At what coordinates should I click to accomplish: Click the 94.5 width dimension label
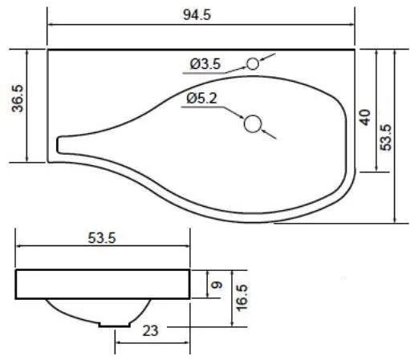(x=197, y=14)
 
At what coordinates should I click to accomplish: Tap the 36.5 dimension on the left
(x=18, y=98)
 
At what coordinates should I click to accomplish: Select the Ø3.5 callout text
(x=205, y=64)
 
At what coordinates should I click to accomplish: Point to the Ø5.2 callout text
(x=202, y=99)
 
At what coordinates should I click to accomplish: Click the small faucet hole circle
(x=253, y=64)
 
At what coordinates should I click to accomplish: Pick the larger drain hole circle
(x=253, y=123)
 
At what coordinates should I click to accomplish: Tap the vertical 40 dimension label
(x=365, y=117)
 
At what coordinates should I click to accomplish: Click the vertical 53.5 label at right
(x=385, y=138)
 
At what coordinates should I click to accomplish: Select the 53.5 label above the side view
(x=102, y=238)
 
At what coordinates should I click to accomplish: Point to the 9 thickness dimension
(x=217, y=285)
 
